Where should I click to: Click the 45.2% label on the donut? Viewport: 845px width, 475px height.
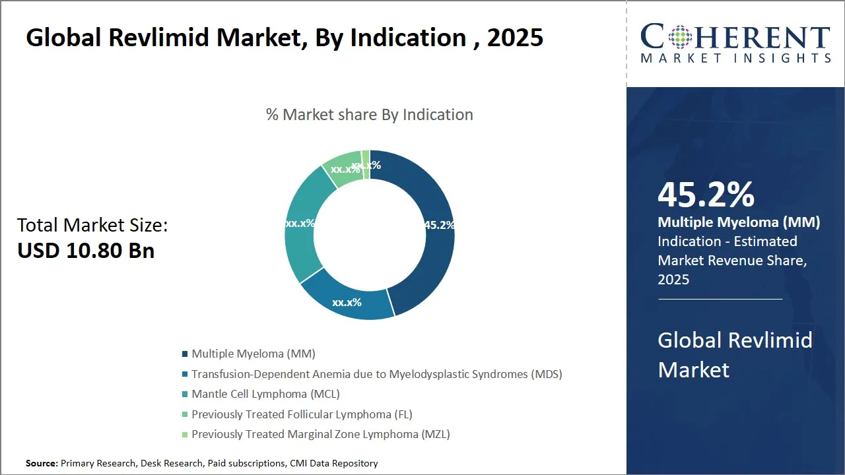[x=439, y=225]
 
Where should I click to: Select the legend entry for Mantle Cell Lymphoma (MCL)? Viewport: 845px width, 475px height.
[x=265, y=395]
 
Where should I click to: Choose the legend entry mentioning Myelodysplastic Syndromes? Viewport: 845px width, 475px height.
[x=376, y=374]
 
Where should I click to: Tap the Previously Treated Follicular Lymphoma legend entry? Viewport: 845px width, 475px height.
[x=302, y=414]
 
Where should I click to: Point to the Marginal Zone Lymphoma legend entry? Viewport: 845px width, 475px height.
[x=321, y=434]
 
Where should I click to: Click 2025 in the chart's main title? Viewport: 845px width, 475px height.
[x=515, y=38]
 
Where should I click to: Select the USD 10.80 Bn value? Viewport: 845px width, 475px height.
[x=86, y=251]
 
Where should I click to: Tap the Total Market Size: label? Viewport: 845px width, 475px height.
[x=92, y=226]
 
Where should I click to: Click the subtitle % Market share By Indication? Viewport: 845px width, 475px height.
[x=370, y=115]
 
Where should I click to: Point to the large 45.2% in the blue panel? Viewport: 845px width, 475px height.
[x=706, y=195]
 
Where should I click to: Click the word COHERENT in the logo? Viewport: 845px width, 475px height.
[x=735, y=36]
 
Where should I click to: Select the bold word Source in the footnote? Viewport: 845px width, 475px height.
[x=42, y=464]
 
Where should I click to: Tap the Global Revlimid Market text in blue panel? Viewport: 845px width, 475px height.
[x=735, y=355]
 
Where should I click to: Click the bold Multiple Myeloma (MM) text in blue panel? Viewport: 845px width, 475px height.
[x=739, y=223]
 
